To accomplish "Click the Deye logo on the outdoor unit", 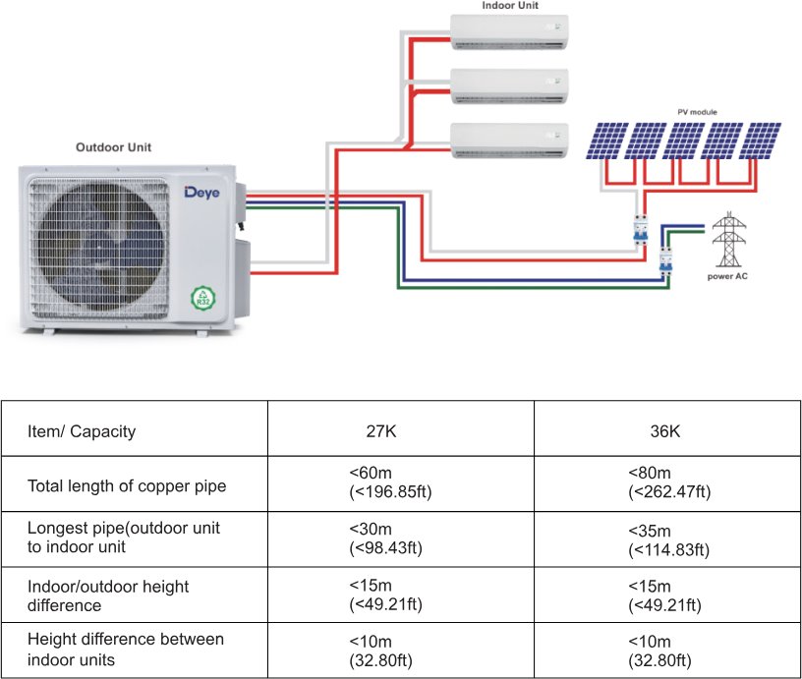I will coord(203,192).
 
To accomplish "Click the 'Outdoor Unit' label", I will coord(114,147).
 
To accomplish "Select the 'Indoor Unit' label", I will coord(509,6).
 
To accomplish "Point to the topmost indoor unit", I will coord(509,30).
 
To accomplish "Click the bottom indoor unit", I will coord(509,140).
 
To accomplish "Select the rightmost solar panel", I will coord(761,141).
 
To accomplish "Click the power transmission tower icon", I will coord(728,240).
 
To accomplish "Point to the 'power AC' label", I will coord(728,276).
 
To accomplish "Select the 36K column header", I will coord(665,431).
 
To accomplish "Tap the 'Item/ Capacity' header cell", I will coord(83,431).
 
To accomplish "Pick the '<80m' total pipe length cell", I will coord(669,482).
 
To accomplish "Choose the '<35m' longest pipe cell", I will coord(669,539).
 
